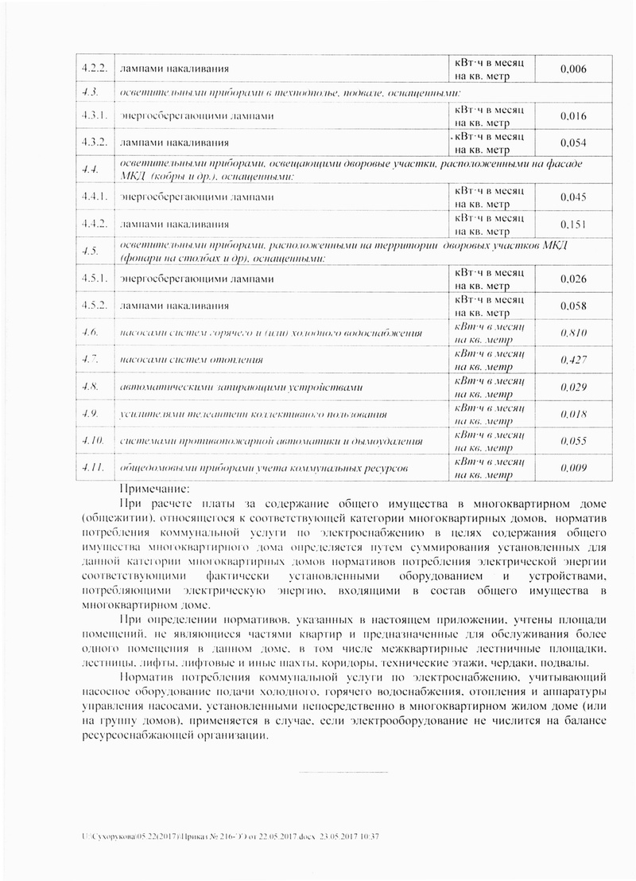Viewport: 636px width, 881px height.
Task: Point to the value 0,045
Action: click(572, 197)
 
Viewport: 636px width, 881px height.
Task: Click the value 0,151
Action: click(572, 224)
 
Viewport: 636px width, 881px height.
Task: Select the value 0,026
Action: click(572, 279)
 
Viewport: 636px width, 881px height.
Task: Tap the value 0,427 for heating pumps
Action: click(572, 361)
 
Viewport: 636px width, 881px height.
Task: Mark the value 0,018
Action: click(572, 415)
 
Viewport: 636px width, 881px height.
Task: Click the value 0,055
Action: click(572, 442)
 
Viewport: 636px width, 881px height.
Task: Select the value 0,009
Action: click(572, 469)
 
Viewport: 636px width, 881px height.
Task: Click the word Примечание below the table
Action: click(154, 489)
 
